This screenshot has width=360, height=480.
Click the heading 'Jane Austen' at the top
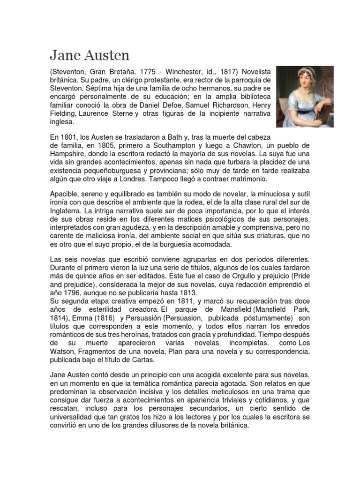tap(89, 55)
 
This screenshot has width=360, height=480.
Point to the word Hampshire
tap(68, 154)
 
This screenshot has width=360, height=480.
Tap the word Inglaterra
tap(68, 211)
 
